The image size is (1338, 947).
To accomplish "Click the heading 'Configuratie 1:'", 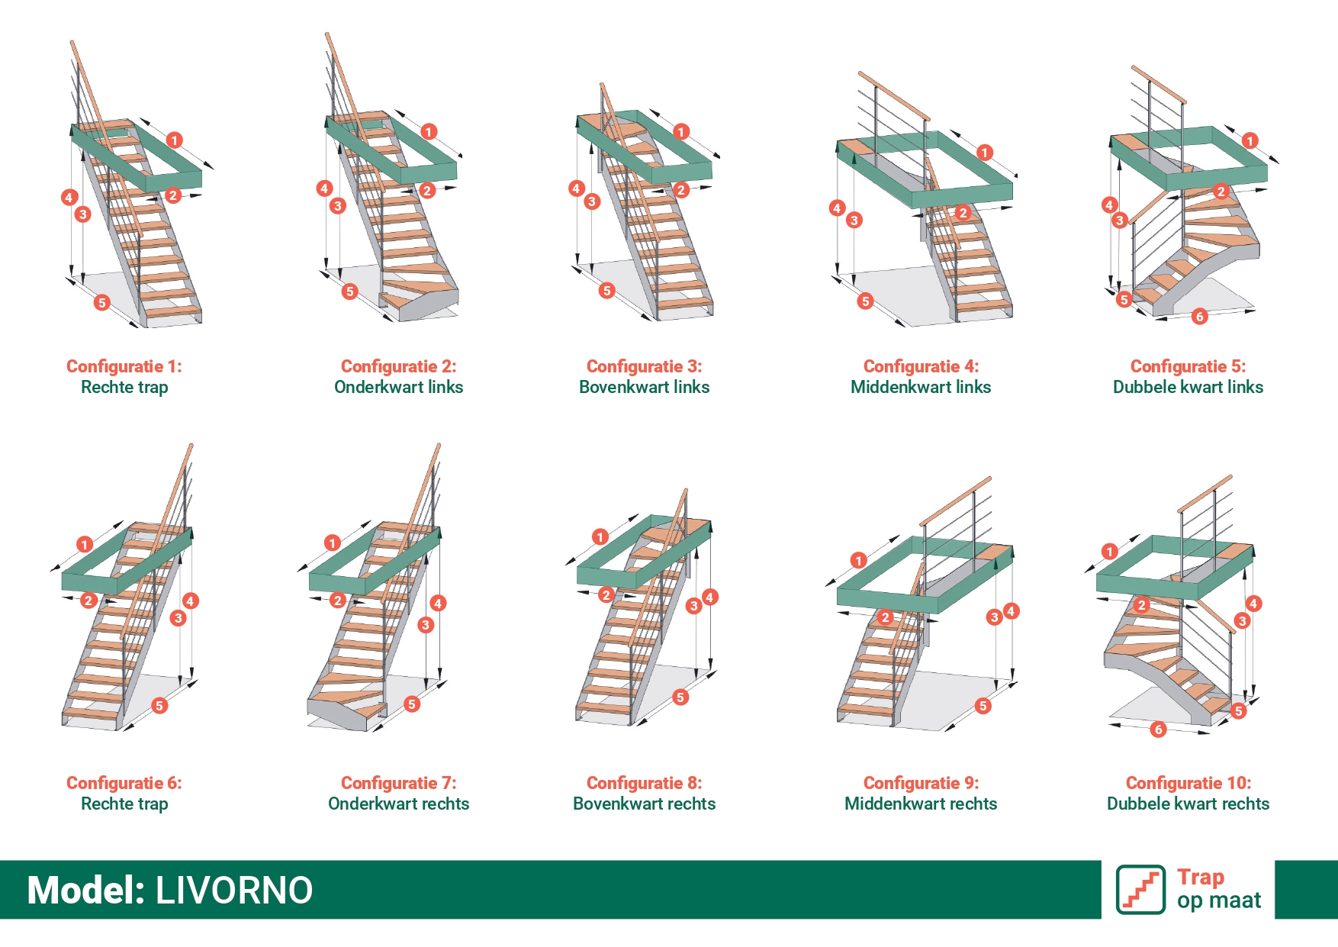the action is pyautogui.click(x=124, y=366).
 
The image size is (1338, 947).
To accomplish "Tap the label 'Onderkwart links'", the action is pyautogui.click(x=399, y=387).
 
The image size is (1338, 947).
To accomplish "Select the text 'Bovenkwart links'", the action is pyautogui.click(x=645, y=387).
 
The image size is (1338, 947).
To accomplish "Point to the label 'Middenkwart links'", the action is pyautogui.click(x=921, y=387).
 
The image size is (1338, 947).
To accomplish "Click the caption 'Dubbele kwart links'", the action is pyautogui.click(x=1188, y=387).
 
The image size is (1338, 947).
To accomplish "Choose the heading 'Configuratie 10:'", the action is pyautogui.click(x=1188, y=783).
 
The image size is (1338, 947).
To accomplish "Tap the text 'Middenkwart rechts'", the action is pyautogui.click(x=921, y=804).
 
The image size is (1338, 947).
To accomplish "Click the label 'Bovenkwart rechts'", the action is pyautogui.click(x=645, y=804).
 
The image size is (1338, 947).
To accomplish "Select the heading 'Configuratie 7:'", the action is pyautogui.click(x=399, y=783).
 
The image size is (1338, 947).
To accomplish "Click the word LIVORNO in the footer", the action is pyautogui.click(x=234, y=891).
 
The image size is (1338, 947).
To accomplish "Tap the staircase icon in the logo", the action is pyautogui.click(x=1140, y=889).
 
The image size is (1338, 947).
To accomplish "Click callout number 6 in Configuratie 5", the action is pyautogui.click(x=1200, y=317).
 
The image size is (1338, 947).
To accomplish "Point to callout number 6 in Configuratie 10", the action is pyautogui.click(x=1159, y=730).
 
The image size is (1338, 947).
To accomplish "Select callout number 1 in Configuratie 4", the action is pyautogui.click(x=985, y=153).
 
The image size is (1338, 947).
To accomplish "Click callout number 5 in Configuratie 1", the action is pyautogui.click(x=101, y=303).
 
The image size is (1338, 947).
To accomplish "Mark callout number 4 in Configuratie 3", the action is pyautogui.click(x=576, y=188).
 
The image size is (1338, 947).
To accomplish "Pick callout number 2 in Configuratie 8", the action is pyautogui.click(x=606, y=595).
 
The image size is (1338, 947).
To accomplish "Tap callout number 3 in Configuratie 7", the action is pyautogui.click(x=426, y=625).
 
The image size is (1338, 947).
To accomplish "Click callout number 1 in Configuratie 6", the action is pyautogui.click(x=85, y=544).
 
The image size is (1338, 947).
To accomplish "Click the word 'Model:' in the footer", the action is pyautogui.click(x=86, y=891).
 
